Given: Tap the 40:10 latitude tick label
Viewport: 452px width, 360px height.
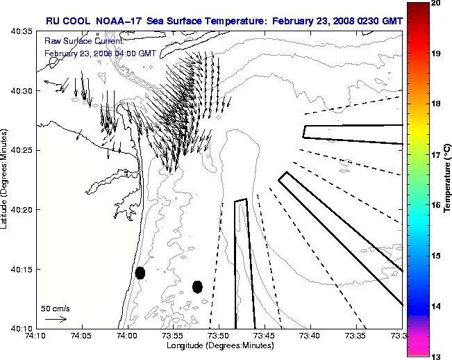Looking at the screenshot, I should tap(19, 328).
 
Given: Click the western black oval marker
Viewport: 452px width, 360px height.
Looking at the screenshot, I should tap(140, 272).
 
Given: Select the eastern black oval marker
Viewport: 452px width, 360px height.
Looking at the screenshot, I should tap(197, 286).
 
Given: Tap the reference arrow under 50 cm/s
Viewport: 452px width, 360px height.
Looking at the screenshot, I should tap(56, 319).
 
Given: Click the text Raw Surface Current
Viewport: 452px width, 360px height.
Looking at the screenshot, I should tap(76, 42).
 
